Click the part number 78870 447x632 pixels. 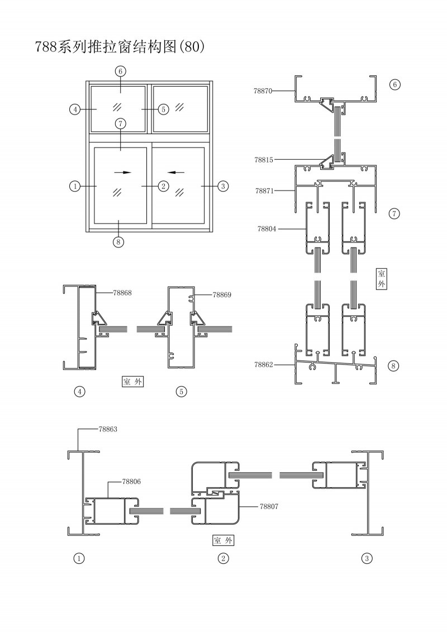click(x=264, y=89)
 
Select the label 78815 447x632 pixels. click(x=264, y=160)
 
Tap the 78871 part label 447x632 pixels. click(x=264, y=191)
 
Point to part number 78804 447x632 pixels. click(x=267, y=229)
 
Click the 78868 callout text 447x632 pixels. click(x=122, y=292)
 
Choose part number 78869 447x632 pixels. click(x=222, y=294)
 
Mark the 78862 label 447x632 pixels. click(x=264, y=364)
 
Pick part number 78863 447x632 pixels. click(x=108, y=429)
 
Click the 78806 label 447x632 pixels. click(x=131, y=481)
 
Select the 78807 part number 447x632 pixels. click(x=269, y=506)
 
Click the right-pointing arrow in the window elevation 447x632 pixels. click(x=127, y=172)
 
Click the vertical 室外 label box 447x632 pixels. click(x=382, y=278)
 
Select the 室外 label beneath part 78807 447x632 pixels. click(x=223, y=540)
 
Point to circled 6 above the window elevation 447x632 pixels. click(x=121, y=71)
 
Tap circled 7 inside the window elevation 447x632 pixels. click(x=121, y=123)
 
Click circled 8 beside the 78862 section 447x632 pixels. click(x=394, y=367)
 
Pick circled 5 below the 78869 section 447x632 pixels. click(x=181, y=392)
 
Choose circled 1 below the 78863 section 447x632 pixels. click(x=79, y=558)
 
